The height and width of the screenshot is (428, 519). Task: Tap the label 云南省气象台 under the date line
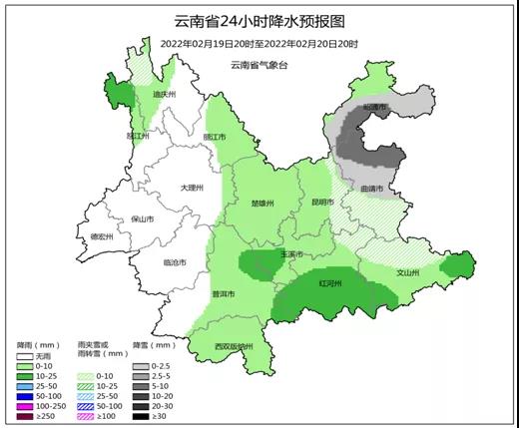pyautogui.click(x=259, y=65)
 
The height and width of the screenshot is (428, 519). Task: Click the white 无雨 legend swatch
pyautogui.click(x=25, y=356)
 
